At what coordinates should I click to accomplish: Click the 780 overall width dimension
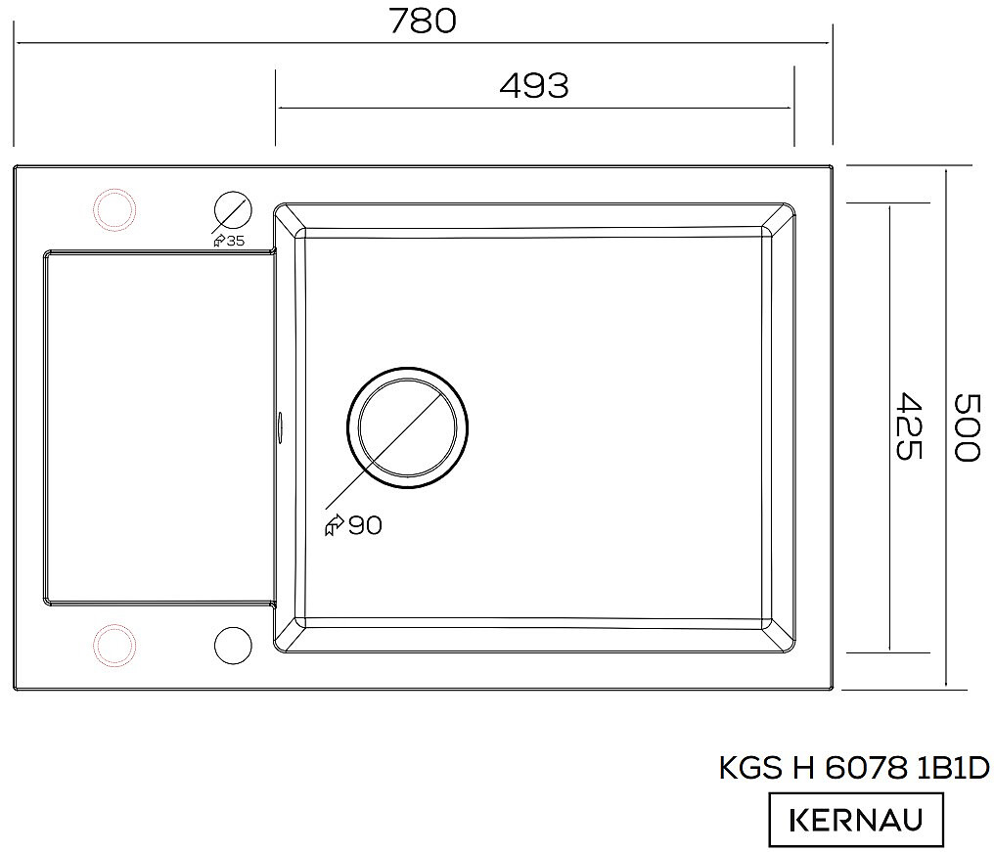click(x=423, y=21)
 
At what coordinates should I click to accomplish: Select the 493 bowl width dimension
click(x=534, y=85)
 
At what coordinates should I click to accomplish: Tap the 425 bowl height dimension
click(x=908, y=426)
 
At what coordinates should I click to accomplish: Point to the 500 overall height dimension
click(x=968, y=427)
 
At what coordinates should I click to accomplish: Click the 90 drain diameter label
click(x=365, y=525)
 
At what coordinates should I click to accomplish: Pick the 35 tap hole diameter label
click(x=235, y=241)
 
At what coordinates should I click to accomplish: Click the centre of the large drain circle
click(x=407, y=427)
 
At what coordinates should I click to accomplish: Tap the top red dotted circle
click(x=114, y=209)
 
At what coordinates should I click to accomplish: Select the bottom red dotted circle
click(x=114, y=646)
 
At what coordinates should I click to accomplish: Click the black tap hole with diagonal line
click(x=233, y=210)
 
